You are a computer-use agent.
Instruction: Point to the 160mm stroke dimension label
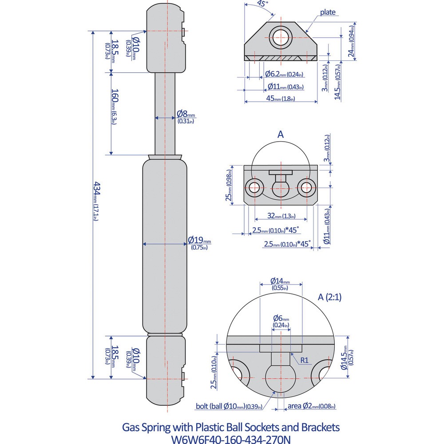(114, 107)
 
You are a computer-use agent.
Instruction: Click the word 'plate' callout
(328, 13)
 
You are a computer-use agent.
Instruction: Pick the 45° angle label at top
(262, 4)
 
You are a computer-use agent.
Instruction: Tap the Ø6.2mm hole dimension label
(284, 74)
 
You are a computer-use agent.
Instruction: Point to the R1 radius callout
(304, 360)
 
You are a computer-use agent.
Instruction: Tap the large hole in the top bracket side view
(281, 36)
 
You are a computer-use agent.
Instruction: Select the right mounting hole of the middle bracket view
(306, 187)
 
